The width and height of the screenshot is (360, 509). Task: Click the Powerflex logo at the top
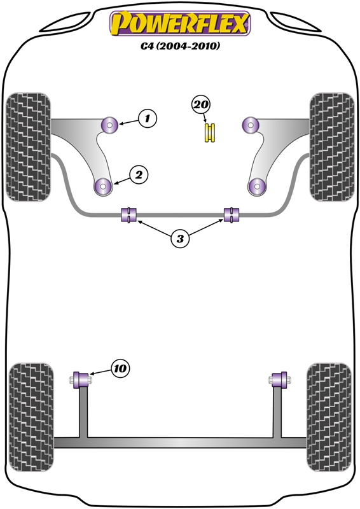(x=180, y=23)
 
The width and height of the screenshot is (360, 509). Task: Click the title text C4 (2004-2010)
(x=180, y=46)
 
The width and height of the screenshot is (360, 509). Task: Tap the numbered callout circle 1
(x=148, y=118)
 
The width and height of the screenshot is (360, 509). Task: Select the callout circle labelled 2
(x=139, y=175)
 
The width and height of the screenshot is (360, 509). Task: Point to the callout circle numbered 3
(x=180, y=239)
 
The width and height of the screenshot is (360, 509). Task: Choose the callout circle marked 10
(x=120, y=368)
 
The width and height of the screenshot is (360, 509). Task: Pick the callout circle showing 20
(x=201, y=104)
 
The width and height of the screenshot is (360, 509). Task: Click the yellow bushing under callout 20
(x=210, y=132)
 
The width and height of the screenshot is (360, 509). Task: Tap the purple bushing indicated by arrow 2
(x=104, y=187)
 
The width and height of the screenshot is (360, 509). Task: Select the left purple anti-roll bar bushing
(x=129, y=215)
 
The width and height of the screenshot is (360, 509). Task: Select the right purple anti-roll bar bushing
(x=232, y=215)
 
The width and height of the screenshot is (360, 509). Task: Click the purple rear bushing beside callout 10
(x=81, y=380)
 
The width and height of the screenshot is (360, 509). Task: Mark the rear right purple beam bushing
(x=280, y=380)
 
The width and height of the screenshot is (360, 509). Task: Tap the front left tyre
(x=29, y=147)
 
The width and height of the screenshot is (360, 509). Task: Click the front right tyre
(x=332, y=147)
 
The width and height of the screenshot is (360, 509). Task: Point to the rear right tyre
(x=329, y=417)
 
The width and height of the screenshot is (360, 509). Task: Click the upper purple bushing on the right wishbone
(x=250, y=125)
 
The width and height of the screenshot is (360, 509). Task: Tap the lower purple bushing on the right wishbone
(x=257, y=187)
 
